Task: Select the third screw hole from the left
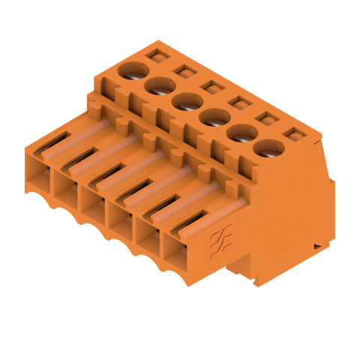coord(185,100)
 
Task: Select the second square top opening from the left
coord(181,70)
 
